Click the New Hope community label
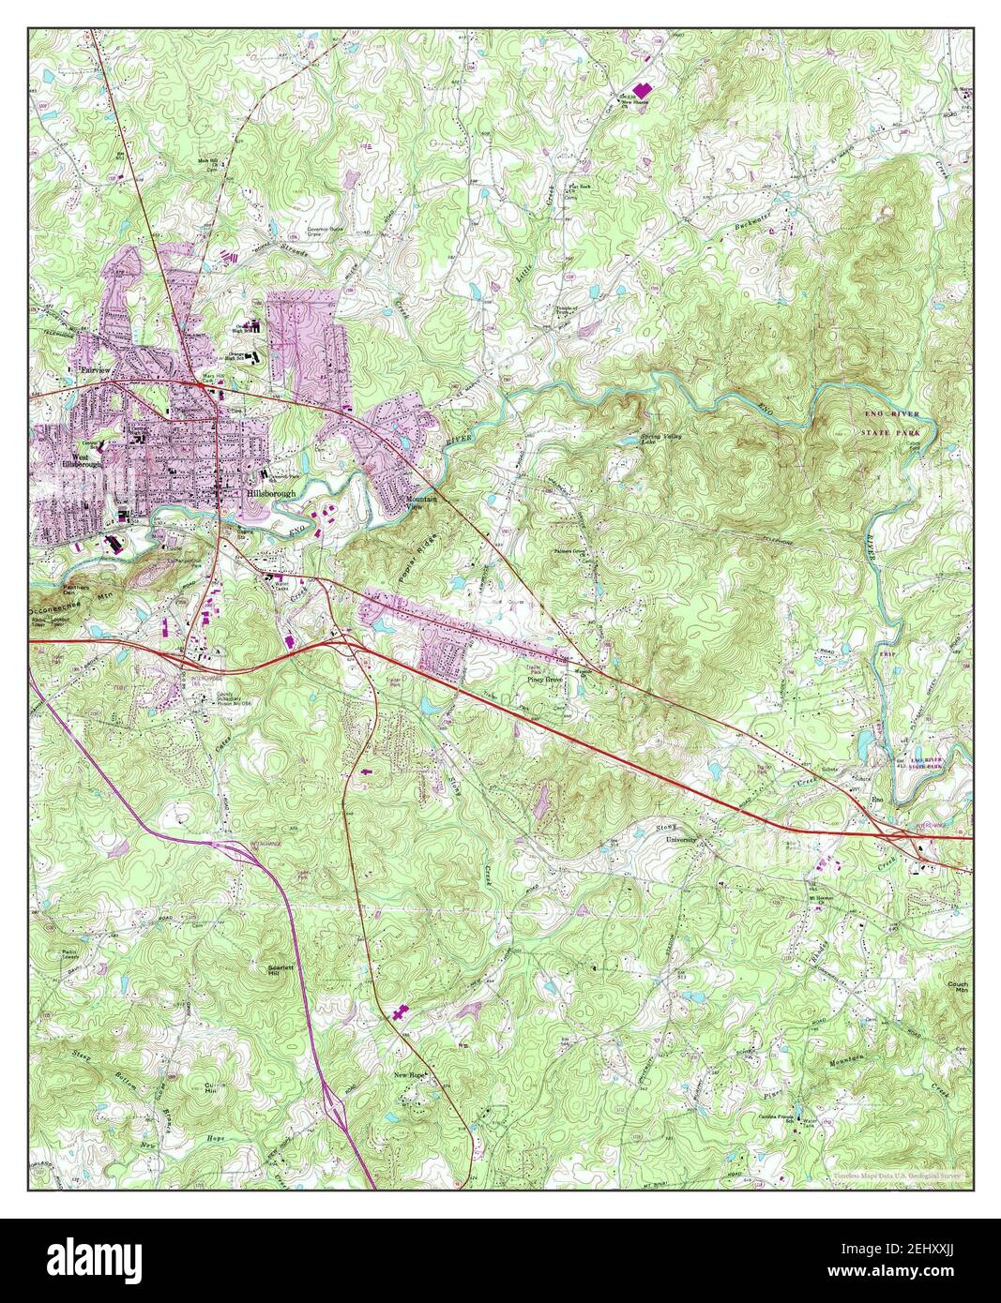pyautogui.click(x=410, y=1075)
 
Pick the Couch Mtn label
pyautogui.click(x=957, y=987)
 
